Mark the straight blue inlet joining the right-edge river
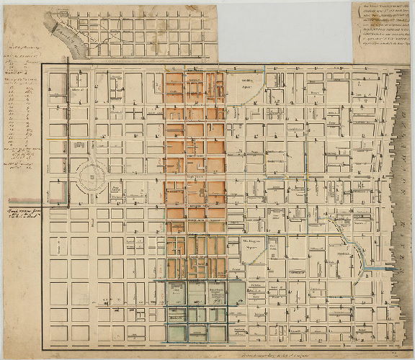click(x=375, y=267)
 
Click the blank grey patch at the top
click(x=285, y=29)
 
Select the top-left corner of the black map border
click(x=41, y=66)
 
